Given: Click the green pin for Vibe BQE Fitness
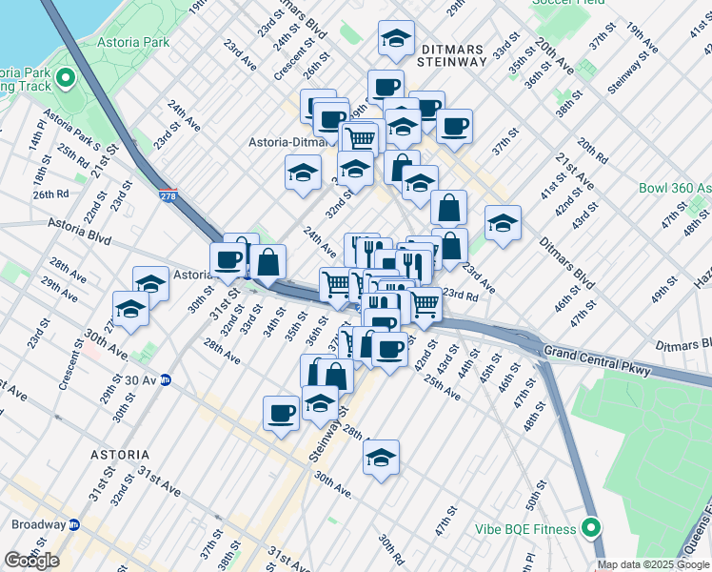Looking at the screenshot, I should [591, 528].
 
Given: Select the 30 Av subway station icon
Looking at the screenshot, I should [165, 379].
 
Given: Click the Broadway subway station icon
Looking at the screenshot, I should [73, 524].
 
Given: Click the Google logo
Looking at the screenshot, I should [31, 561].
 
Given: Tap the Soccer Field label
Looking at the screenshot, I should [568, 3].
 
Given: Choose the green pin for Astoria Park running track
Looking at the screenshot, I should [66, 77].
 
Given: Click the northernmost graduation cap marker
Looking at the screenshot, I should [396, 38].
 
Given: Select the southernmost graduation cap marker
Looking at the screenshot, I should [381, 457].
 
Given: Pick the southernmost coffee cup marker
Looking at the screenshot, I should [281, 413].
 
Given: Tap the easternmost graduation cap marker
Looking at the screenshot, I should [503, 223].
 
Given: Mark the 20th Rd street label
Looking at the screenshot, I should [592, 150].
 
